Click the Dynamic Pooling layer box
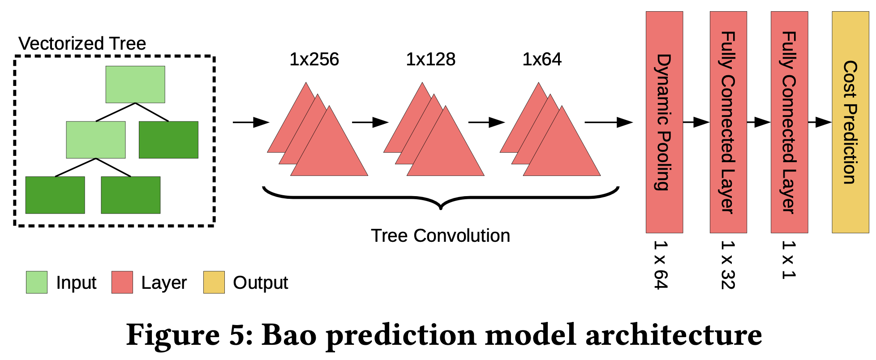click(x=664, y=122)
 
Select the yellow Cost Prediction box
click(x=850, y=122)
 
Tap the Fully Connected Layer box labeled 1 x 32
click(x=728, y=122)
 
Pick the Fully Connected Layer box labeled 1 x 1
click(x=789, y=122)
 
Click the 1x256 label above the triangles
click(x=314, y=60)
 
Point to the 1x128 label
click(x=430, y=60)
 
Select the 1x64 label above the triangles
click(x=542, y=60)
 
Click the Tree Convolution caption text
click(x=440, y=236)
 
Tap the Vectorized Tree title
click(x=82, y=43)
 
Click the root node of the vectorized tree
click(x=135, y=85)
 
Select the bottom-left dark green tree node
click(x=55, y=195)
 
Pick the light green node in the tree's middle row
click(x=96, y=140)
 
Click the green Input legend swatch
click(x=37, y=282)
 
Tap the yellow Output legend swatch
click(x=214, y=282)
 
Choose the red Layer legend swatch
click(x=122, y=282)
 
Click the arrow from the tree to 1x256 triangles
click(x=251, y=122)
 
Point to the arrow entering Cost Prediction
click(x=820, y=122)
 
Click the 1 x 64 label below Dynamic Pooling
click(x=661, y=265)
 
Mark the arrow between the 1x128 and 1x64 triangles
click(x=487, y=122)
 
